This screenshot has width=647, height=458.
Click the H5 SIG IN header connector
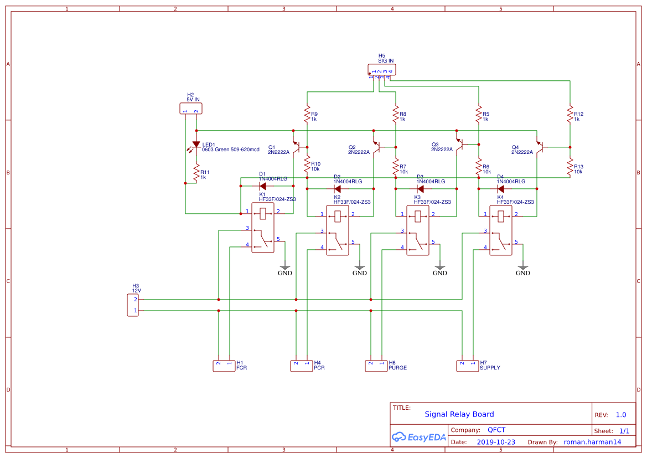(x=382, y=70)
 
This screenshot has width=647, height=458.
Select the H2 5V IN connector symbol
(x=191, y=109)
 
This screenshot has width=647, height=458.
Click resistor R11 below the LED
(x=196, y=173)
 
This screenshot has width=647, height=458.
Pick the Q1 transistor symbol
(x=297, y=146)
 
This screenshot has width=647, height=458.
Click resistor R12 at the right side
(x=570, y=115)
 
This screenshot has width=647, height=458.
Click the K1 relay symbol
(x=263, y=227)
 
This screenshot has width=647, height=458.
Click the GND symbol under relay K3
(x=440, y=267)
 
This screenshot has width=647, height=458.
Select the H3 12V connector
(x=132, y=305)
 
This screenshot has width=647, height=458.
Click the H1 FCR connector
(x=224, y=366)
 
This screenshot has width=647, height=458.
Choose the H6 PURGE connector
(x=376, y=366)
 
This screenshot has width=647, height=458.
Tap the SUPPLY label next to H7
(x=490, y=368)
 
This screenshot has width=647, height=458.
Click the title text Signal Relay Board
(x=459, y=414)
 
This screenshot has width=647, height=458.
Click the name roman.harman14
(x=592, y=442)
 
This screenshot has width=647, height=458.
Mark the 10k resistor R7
(x=396, y=167)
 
